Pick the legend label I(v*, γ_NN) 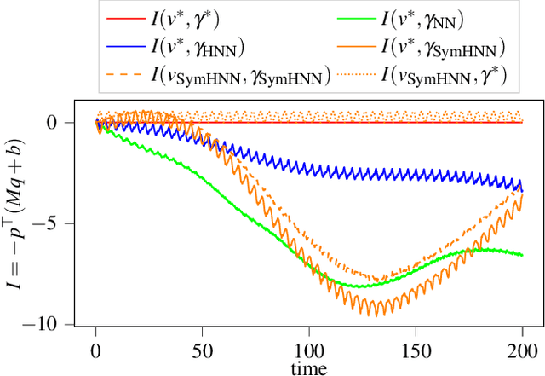[434, 17]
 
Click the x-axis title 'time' [309, 367]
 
